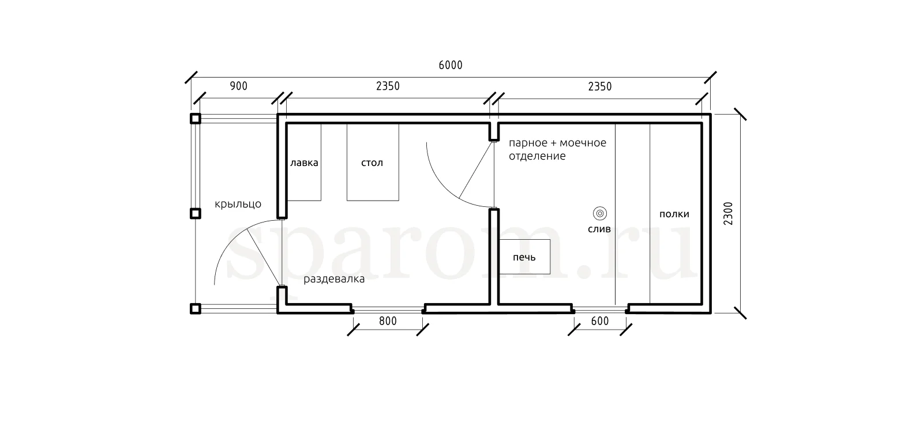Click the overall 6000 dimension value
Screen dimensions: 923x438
pyautogui.click(x=451, y=65)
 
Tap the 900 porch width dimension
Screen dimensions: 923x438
pyautogui.click(x=239, y=86)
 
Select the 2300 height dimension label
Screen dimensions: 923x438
pyautogui.click(x=729, y=213)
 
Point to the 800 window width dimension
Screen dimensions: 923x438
pyautogui.click(x=388, y=321)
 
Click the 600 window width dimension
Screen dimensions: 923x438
pyautogui.click(x=599, y=321)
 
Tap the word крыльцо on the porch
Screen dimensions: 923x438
pyautogui.click(x=238, y=204)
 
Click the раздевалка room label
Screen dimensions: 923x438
pyautogui.click(x=334, y=279)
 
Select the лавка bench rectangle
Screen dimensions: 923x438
pyautogui.click(x=304, y=162)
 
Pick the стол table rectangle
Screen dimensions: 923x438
pyautogui.click(x=373, y=162)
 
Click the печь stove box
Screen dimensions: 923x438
pyautogui.click(x=524, y=256)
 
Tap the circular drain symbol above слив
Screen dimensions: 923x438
pyautogui.click(x=600, y=213)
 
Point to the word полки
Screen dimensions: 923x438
pyautogui.click(x=674, y=214)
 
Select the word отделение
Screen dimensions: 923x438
pyautogui.click(x=537, y=156)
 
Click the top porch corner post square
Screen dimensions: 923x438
pyautogui.click(x=196, y=119)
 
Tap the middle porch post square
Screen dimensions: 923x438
pyautogui.click(x=196, y=214)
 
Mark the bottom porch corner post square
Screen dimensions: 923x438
pyautogui.click(x=196, y=309)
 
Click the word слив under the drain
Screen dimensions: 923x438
pyautogui.click(x=599, y=229)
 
